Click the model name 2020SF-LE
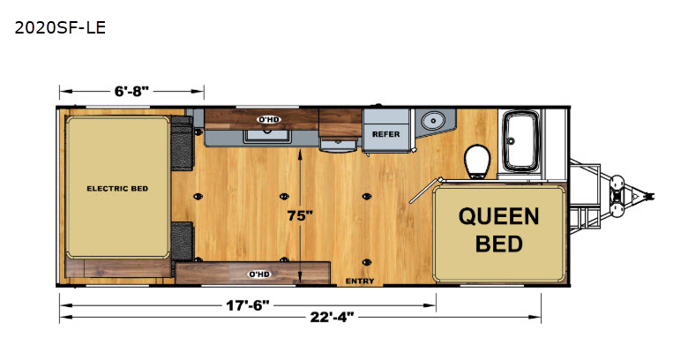click(60, 27)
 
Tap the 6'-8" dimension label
click(131, 91)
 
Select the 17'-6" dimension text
click(248, 305)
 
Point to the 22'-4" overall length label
click(332, 317)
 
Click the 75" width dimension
click(300, 216)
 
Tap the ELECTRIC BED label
click(117, 189)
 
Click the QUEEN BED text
click(499, 230)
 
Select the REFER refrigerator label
click(386, 134)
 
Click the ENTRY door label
click(360, 281)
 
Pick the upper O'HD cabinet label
click(268, 119)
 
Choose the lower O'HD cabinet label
click(259, 274)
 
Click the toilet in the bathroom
click(477, 161)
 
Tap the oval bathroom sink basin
click(433, 120)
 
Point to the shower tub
click(520, 140)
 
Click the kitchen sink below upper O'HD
click(267, 135)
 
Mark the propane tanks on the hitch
click(617, 195)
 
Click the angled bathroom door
click(426, 191)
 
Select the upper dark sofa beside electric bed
click(182, 143)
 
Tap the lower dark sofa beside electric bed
click(182, 242)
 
